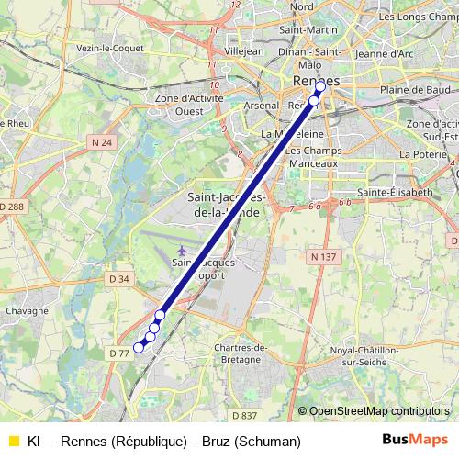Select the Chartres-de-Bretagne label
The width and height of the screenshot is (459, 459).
[x=241, y=353]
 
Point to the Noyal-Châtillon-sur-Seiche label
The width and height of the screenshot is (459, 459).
[x=364, y=355]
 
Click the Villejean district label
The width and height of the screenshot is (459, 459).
[x=243, y=51]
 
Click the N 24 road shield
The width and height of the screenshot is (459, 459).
[x=101, y=142]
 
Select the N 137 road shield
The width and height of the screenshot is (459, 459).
[x=322, y=257]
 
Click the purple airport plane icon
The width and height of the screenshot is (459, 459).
[x=182, y=250]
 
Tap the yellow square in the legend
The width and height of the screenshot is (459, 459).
[x=12, y=442]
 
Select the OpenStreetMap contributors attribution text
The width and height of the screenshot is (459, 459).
[x=378, y=411]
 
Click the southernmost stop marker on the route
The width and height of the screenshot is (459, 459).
[x=139, y=347]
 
